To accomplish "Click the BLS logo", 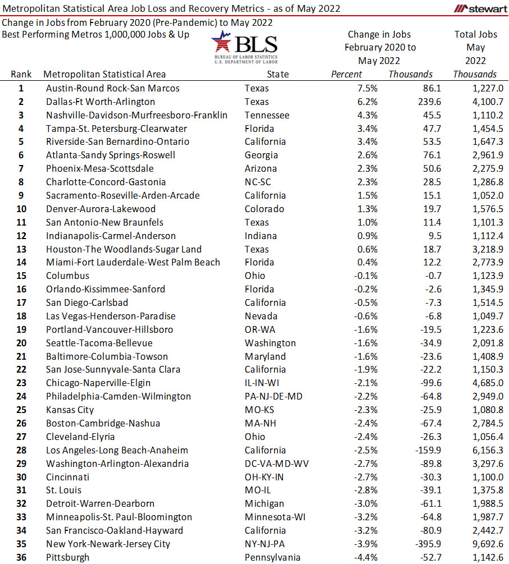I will click(x=245, y=48).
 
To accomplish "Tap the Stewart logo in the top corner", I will click(x=480, y=8).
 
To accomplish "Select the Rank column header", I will click(x=21, y=74).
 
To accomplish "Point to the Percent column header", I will click(x=346, y=74).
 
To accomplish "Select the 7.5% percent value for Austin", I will click(x=365, y=88).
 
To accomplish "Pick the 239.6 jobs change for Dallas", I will click(x=429, y=102).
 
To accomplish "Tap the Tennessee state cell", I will click(x=267, y=115).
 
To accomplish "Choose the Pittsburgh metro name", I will click(x=67, y=557).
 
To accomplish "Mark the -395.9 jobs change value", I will click(x=427, y=544).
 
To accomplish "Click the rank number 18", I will click(x=21, y=316).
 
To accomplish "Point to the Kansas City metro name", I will click(x=70, y=410).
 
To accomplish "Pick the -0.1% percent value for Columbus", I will click(x=364, y=276).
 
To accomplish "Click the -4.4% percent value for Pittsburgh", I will click(x=364, y=557).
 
